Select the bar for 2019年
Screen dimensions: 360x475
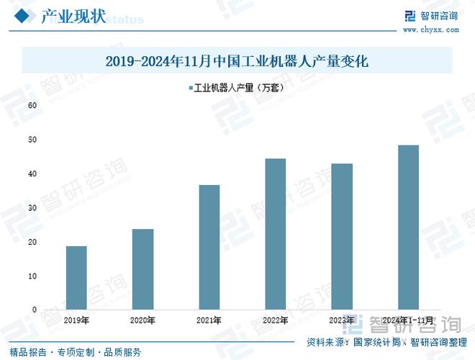76,278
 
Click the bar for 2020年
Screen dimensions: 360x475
142,269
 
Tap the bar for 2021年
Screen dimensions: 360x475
209,247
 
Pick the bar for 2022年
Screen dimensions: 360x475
275,234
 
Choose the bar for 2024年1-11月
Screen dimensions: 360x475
408,228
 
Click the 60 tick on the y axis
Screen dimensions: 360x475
32,105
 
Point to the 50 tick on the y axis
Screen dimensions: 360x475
32,140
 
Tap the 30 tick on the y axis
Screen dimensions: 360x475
32,208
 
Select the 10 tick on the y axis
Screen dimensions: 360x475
32,276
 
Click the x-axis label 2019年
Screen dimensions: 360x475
76,320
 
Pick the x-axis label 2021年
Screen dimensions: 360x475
209,320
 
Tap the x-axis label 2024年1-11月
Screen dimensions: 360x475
408,320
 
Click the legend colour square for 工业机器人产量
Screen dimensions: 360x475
190,88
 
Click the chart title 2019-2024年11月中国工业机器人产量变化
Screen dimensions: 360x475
237,62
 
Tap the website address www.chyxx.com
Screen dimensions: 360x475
430,30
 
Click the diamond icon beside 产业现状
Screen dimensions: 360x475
23,16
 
